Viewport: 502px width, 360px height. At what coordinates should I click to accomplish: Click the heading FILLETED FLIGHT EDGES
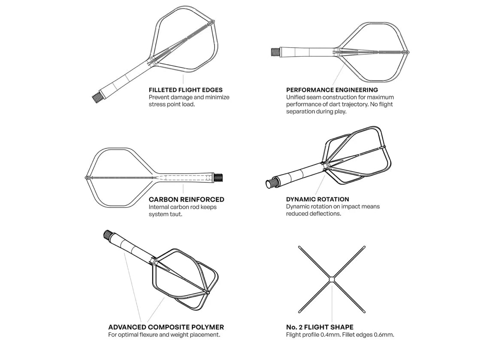click(185, 90)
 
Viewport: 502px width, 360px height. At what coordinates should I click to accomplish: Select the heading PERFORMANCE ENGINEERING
click(332, 90)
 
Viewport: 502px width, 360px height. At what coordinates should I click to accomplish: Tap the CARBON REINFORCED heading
click(186, 200)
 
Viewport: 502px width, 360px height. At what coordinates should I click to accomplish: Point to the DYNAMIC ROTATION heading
click(318, 199)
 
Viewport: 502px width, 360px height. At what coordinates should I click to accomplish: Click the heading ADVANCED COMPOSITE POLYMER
click(166, 327)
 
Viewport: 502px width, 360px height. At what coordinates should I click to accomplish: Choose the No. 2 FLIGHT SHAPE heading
click(320, 327)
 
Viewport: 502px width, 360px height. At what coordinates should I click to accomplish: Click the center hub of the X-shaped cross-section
click(332, 280)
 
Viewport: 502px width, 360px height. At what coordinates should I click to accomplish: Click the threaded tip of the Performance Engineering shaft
click(275, 51)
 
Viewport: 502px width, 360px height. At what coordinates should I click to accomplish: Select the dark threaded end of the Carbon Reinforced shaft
click(218, 177)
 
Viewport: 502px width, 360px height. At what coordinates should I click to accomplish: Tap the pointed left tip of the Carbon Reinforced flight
click(85, 178)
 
